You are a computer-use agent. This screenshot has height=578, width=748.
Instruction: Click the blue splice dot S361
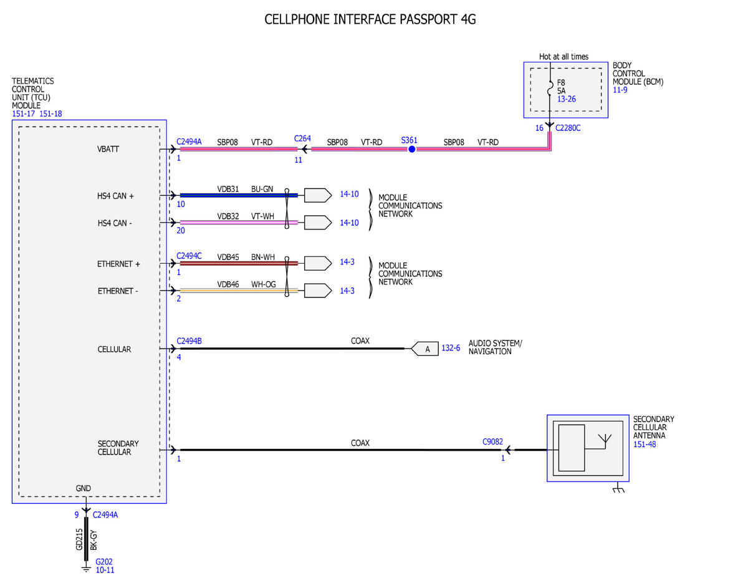pos(411,149)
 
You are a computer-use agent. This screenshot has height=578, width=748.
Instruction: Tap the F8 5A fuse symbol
pos(550,87)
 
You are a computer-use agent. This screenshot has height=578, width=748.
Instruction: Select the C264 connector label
pos(302,138)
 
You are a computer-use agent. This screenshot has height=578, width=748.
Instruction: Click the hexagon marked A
pos(424,349)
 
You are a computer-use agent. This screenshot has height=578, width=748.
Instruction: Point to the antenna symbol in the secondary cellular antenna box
pos(605,441)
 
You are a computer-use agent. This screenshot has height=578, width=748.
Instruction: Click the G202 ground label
pos(104,561)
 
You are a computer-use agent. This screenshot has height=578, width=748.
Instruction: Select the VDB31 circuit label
pos(228,189)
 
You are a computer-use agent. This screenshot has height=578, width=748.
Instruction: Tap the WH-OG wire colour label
pos(263,284)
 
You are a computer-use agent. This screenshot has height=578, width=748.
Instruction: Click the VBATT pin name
pos(108,149)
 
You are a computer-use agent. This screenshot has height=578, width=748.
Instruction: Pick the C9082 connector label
pos(492,441)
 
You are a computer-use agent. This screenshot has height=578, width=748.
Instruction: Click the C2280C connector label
pos(568,128)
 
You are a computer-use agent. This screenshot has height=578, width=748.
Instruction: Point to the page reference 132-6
pos(451,348)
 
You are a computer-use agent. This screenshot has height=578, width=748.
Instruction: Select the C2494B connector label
pos(189,341)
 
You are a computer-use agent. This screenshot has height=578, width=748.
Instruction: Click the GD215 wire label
pos(79,539)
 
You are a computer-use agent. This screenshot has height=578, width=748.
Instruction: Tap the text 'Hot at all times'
pos(563,57)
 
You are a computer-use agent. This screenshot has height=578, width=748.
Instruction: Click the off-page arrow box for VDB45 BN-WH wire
pos(318,263)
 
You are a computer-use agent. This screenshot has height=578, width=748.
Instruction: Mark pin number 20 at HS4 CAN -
pos(181,230)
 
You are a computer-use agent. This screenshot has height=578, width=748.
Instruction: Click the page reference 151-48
pos(645,444)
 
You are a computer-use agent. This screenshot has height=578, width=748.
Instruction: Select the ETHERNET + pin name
pos(119,264)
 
